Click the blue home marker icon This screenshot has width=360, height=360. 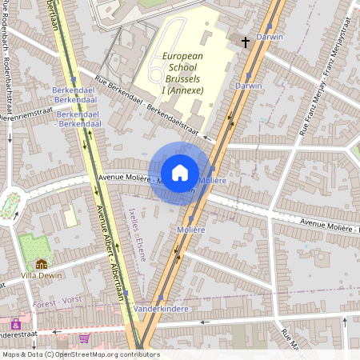point(180,172)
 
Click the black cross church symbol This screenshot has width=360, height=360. point(245,40)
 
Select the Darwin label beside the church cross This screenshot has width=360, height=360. point(270,37)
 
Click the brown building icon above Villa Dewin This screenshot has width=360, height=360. point(41,265)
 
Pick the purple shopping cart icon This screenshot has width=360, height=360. point(84,338)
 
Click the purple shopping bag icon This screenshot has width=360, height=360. point(15,325)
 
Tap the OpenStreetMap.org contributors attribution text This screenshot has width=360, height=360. point(104,354)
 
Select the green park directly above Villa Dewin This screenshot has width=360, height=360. point(33,247)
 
